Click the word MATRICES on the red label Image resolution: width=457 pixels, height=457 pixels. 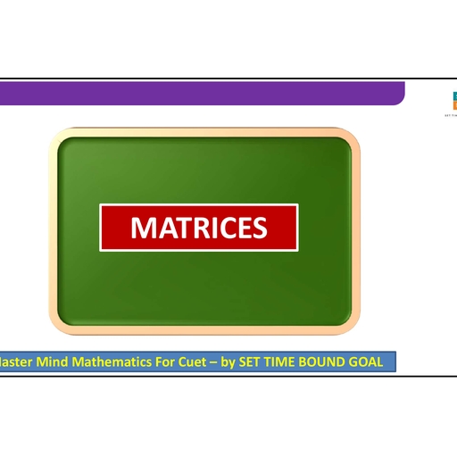click(x=198, y=228)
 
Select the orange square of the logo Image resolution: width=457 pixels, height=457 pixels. click(x=453, y=104)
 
